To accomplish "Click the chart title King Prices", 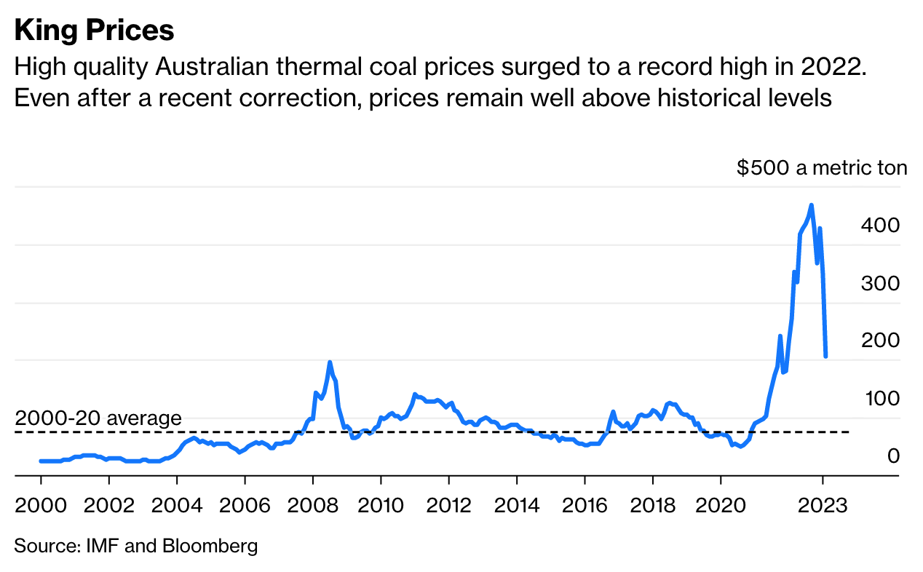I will click(95, 31).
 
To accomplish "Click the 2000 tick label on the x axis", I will click(41, 506).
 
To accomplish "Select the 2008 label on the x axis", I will click(312, 506).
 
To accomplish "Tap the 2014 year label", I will click(516, 506).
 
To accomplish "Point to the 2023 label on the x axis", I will click(823, 506).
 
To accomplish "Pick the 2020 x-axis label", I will click(721, 506).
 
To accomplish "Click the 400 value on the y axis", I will click(880, 226).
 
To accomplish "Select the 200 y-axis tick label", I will click(880, 341).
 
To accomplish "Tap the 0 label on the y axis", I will click(893, 456).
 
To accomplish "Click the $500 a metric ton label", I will click(822, 169).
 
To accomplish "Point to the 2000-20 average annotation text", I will click(98, 418).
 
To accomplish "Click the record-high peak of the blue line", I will click(812, 205).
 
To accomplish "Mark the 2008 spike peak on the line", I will click(330, 362).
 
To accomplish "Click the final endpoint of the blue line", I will click(825, 357).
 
